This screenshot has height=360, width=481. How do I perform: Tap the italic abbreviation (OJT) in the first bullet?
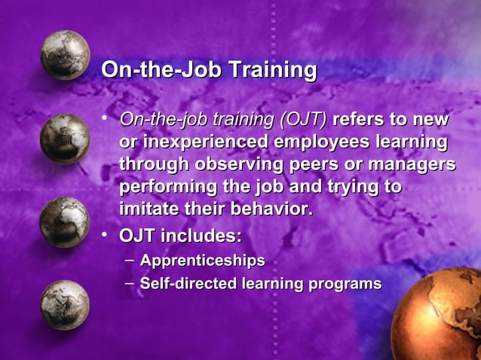pyautogui.click(x=303, y=121)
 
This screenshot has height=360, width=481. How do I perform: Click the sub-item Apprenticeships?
pyautogui.click(x=203, y=261)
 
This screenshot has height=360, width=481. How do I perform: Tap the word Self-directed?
pyautogui.click(x=188, y=284)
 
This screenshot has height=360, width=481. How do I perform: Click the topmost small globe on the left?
pyautogui.click(x=65, y=55)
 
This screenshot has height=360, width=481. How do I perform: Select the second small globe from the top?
pyautogui.click(x=65, y=139)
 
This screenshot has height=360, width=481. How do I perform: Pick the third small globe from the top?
pyautogui.click(x=65, y=221)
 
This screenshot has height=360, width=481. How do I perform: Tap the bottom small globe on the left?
pyautogui.click(x=65, y=304)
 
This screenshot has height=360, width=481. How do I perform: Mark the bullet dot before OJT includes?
pyautogui.click(x=107, y=235)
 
